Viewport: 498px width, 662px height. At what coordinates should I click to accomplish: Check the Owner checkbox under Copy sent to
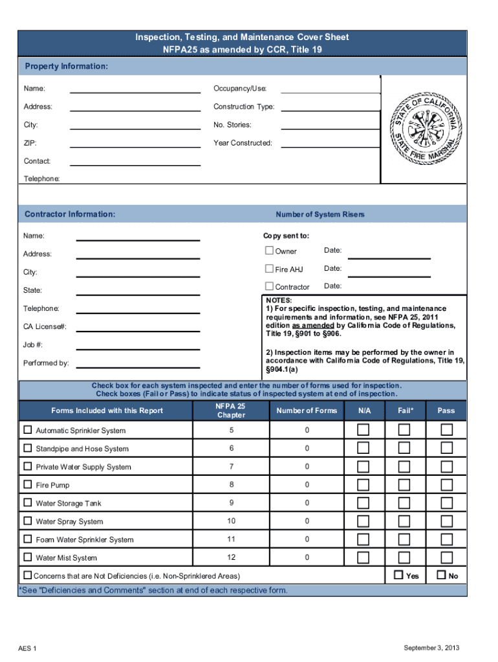click(x=270, y=251)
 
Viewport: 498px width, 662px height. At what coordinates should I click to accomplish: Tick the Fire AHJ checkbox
click(x=270, y=269)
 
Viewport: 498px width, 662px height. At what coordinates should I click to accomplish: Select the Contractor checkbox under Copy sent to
click(x=270, y=286)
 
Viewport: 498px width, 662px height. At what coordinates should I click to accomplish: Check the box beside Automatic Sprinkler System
click(x=28, y=430)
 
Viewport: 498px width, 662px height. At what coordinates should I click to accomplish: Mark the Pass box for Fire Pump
click(x=446, y=485)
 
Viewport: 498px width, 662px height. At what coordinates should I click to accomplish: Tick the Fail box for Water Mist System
click(x=404, y=557)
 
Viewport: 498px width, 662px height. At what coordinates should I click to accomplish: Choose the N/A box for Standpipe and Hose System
click(x=364, y=448)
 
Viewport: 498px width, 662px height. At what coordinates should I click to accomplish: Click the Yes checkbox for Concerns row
click(x=398, y=575)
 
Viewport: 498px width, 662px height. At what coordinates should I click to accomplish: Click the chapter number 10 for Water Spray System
click(x=231, y=521)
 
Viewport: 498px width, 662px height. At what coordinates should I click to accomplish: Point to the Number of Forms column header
click(x=307, y=411)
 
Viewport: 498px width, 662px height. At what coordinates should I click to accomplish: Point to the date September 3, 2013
click(x=431, y=648)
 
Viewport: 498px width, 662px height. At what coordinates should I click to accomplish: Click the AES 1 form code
click(x=27, y=648)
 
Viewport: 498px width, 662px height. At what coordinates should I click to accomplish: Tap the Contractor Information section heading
click(x=70, y=214)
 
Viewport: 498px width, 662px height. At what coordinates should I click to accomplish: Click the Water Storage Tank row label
click(x=69, y=503)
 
